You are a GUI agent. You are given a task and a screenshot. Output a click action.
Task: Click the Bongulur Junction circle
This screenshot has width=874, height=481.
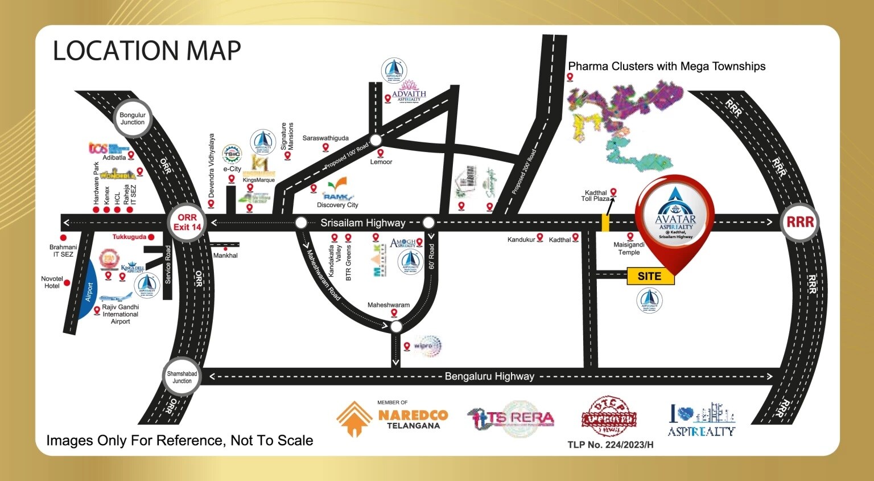pos(133,118)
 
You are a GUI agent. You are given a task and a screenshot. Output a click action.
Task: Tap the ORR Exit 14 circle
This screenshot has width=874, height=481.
pos(187,222)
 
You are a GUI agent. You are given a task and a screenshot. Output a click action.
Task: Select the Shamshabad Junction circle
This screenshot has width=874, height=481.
pos(182,377)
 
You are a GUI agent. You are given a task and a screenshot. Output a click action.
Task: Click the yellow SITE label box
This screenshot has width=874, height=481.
pos(650,276)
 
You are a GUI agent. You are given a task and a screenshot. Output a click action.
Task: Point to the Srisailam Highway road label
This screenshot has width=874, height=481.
pos(362,223)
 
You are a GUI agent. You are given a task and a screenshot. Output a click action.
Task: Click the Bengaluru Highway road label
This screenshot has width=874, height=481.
pos(489,376)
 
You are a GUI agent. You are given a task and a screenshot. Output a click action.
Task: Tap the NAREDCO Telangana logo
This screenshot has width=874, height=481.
pos(393,418)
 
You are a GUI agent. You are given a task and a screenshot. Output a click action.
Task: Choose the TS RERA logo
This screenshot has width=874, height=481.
pos(510,419)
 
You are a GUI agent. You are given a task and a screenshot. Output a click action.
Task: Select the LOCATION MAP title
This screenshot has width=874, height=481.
pos(147,51)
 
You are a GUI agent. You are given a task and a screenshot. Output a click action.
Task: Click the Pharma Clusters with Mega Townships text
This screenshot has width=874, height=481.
pos(666,66)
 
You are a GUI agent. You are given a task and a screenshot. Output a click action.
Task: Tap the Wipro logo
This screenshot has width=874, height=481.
pos(427,346)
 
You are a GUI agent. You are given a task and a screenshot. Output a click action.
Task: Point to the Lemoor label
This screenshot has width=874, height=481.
pos(381,162)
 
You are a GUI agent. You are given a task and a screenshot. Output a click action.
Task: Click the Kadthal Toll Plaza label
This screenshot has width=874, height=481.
pos(595,196)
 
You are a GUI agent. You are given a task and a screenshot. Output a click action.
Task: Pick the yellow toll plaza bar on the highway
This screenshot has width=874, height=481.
pos(605,223)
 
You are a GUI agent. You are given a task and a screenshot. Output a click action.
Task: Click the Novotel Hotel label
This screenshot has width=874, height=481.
pos(52,282)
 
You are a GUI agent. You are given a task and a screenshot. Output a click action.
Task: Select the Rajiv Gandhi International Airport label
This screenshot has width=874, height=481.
pos(120,314)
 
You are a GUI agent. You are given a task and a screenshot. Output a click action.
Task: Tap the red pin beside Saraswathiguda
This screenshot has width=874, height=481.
pos(325,147)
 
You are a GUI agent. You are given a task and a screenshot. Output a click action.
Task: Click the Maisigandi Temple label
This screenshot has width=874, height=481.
pos(629,248)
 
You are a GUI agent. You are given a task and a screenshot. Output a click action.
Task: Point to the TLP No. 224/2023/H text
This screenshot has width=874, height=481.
pos(610,445)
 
